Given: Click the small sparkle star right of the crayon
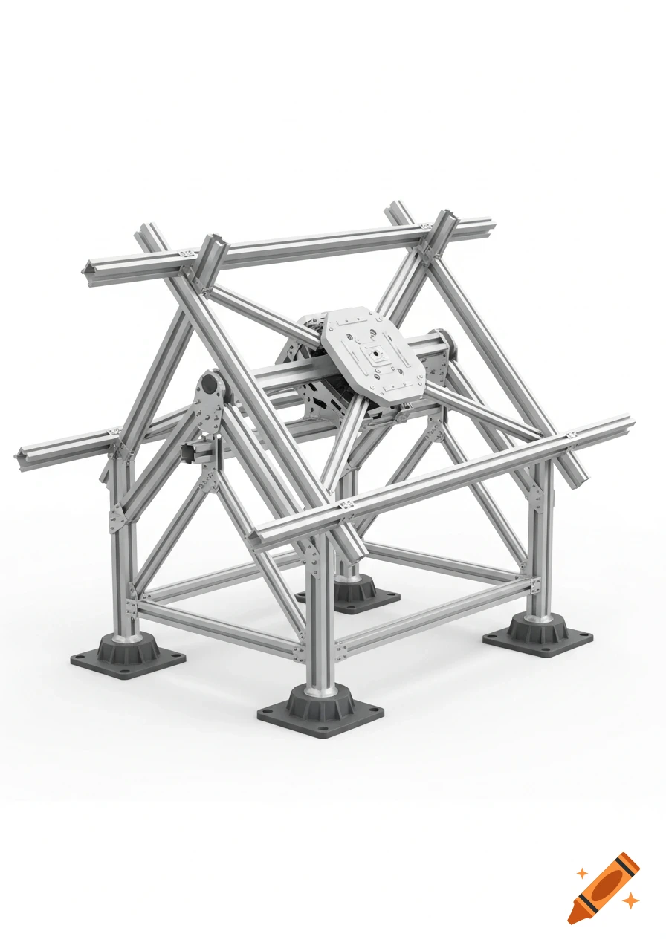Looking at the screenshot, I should coord(631,901).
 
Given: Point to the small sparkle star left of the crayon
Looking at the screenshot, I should coord(582,874).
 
